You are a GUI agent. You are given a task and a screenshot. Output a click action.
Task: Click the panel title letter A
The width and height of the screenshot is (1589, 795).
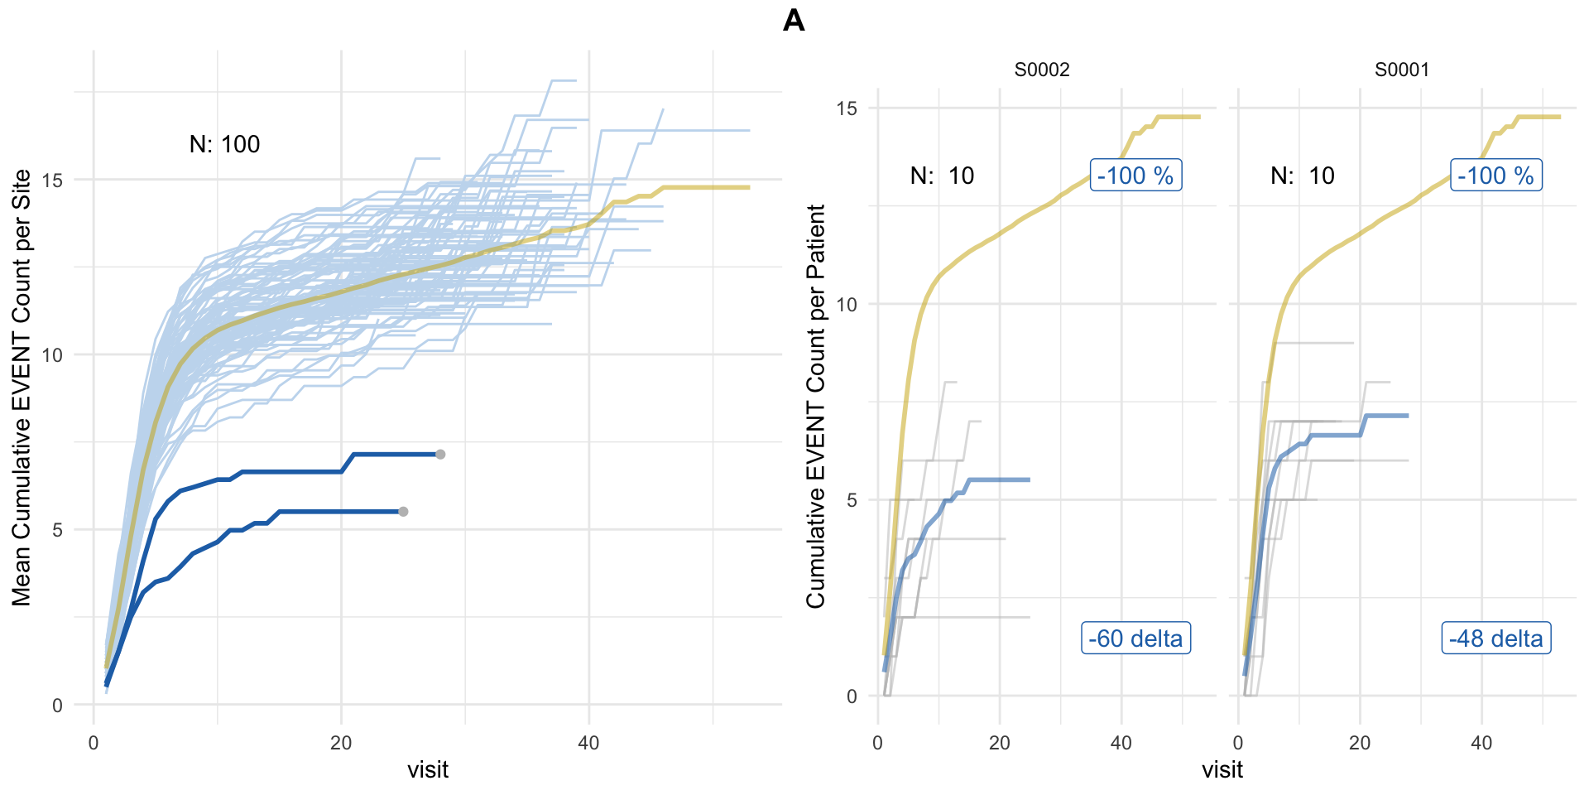tap(794, 21)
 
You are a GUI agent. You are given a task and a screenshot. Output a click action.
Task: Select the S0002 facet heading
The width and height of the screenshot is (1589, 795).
tap(1042, 70)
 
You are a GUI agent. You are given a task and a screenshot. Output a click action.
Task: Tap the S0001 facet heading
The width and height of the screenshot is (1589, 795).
tap(1402, 70)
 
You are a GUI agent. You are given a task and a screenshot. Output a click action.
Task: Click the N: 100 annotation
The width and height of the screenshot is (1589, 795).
tap(224, 145)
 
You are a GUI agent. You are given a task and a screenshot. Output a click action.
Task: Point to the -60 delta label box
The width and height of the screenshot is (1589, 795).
tap(1135, 638)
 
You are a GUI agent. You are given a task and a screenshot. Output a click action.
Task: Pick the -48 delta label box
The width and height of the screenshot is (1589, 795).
tap(1496, 638)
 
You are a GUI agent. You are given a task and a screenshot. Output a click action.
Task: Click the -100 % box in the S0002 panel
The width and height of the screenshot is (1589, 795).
tap(1135, 176)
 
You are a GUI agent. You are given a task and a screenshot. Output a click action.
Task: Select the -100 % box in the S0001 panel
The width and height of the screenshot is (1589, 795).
tap(1496, 176)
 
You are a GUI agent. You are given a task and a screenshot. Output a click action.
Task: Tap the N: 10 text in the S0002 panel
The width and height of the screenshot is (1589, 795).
tap(942, 176)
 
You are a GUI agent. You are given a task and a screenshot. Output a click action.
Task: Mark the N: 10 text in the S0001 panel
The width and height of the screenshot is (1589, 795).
tap(1303, 176)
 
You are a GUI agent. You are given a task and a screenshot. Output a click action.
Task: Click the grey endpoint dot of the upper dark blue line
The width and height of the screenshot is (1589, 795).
tap(440, 455)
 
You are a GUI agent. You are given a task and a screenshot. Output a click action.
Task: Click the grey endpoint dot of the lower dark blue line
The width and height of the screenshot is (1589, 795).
tap(403, 512)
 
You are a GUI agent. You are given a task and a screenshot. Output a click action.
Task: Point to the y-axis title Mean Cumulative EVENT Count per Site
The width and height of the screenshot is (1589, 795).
tap(22, 388)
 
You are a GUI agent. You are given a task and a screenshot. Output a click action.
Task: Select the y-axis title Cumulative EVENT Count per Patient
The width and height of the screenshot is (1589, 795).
tap(816, 406)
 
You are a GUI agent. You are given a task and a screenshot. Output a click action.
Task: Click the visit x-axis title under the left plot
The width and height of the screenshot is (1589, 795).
tap(428, 770)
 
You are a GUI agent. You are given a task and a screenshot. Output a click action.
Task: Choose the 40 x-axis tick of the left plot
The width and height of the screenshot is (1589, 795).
tap(588, 743)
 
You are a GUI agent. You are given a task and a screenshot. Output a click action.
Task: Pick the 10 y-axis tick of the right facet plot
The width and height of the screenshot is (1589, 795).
tap(847, 305)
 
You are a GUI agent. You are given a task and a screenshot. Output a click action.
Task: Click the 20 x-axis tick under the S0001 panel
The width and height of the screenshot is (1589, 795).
tap(1360, 743)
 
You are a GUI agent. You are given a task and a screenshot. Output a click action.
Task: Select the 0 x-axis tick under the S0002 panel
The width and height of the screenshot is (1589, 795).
tap(878, 743)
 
